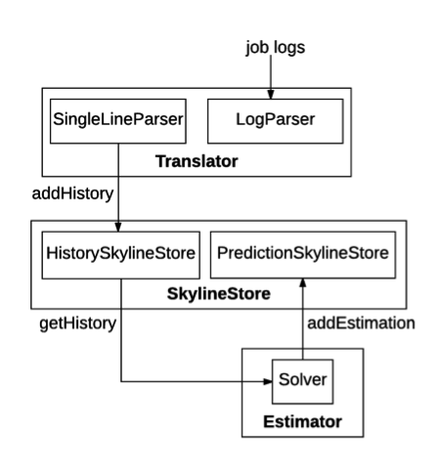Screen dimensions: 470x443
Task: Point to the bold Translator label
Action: pos(196,160)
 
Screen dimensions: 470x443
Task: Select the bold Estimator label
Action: pos(302,421)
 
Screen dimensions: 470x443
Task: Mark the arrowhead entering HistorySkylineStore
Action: pos(118,227)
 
